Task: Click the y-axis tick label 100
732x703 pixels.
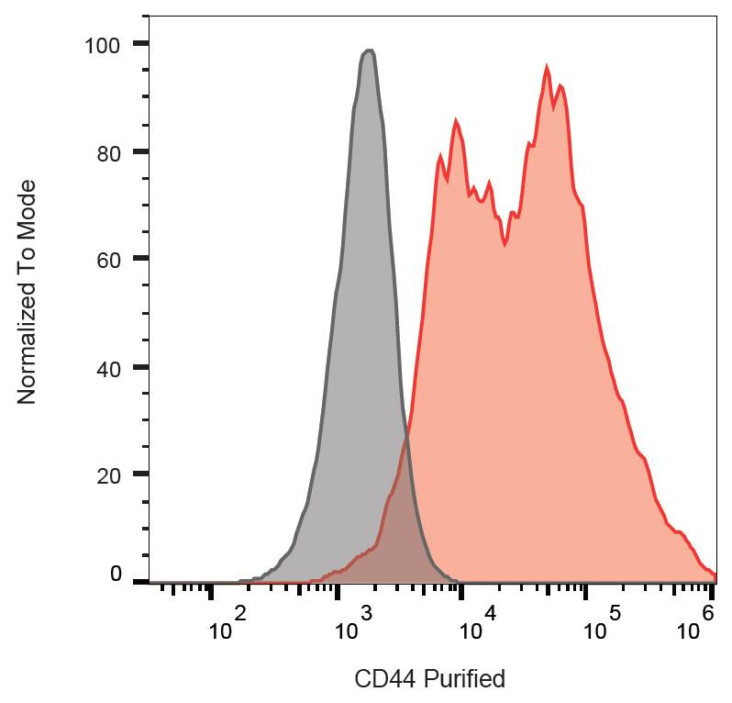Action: click(x=103, y=44)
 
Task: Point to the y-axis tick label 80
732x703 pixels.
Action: click(x=109, y=151)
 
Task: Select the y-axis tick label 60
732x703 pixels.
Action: click(x=109, y=259)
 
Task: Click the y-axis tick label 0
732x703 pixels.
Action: click(x=116, y=575)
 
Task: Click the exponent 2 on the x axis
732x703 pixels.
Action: click(x=240, y=612)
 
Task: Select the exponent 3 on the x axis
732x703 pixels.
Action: click(x=365, y=612)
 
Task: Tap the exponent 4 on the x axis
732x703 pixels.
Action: click(x=490, y=612)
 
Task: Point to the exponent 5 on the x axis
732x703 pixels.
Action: click(x=615, y=612)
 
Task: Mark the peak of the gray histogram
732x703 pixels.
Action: click(x=369, y=50)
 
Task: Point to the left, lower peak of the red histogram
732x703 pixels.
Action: click(x=455, y=120)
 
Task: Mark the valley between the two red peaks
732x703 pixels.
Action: click(x=505, y=244)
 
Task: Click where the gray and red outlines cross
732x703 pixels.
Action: click(x=405, y=438)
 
